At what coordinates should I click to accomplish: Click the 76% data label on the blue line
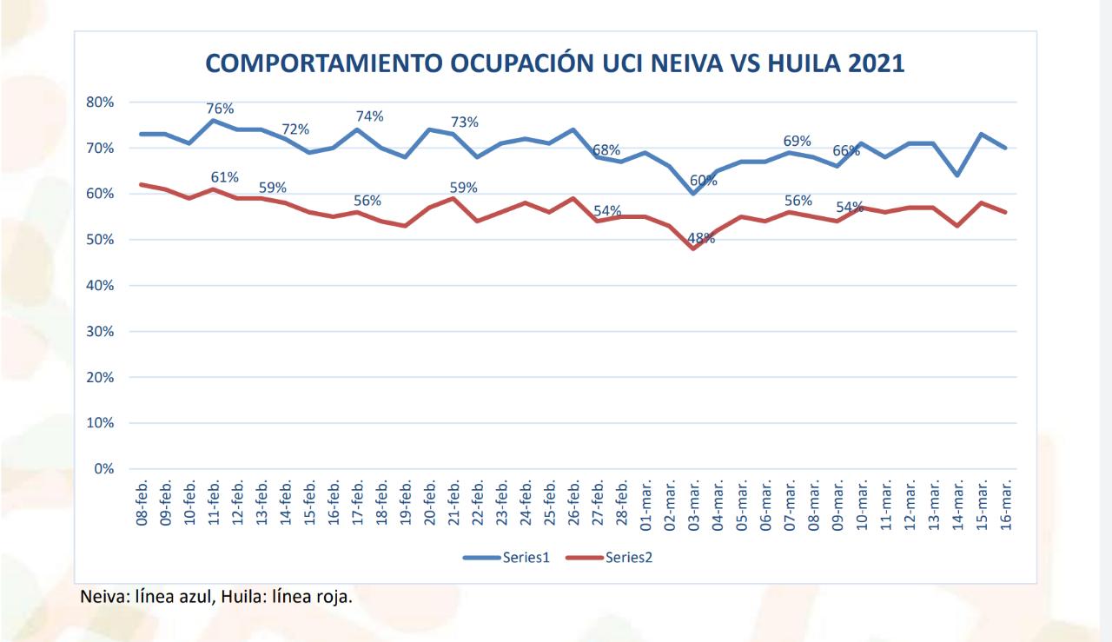click(x=220, y=109)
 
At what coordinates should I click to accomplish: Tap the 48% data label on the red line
click(x=701, y=238)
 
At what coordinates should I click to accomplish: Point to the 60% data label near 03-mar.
click(x=703, y=181)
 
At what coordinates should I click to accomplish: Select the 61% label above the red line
click(x=224, y=177)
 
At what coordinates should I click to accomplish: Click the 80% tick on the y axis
click(x=100, y=102)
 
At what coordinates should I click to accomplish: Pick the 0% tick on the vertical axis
click(x=103, y=469)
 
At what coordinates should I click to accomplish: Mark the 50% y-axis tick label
click(x=100, y=240)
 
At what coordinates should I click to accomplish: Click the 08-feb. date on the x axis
click(x=142, y=505)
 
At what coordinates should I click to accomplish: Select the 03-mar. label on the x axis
click(x=693, y=505)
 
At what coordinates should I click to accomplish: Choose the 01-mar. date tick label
click(x=645, y=505)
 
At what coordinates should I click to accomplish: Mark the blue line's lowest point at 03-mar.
click(x=693, y=193)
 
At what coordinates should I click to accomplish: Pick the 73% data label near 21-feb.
click(x=464, y=122)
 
